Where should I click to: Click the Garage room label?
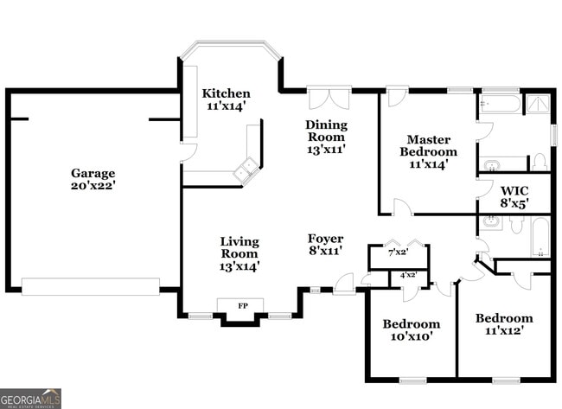pos(93,179)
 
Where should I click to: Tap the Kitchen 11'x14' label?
pos(227,99)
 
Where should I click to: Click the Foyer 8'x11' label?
pos(325,245)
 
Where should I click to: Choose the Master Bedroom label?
pos(428,150)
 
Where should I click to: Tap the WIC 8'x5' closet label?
pos(514,197)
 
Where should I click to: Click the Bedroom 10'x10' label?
pos(412,329)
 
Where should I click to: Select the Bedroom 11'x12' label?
pos(504,323)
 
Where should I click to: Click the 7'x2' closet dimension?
pos(398,252)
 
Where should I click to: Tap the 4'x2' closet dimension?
pos(408,275)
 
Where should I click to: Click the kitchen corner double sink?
pos(249,166)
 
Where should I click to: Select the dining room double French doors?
pos(329,98)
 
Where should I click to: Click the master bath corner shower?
pos(539,105)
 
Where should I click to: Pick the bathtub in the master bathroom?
pos(501,105)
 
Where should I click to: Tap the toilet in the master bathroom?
pos(539,162)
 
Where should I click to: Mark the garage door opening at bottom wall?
pos(91,286)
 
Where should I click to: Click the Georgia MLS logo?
pos(31,398)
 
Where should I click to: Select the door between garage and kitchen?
pos(182,153)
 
